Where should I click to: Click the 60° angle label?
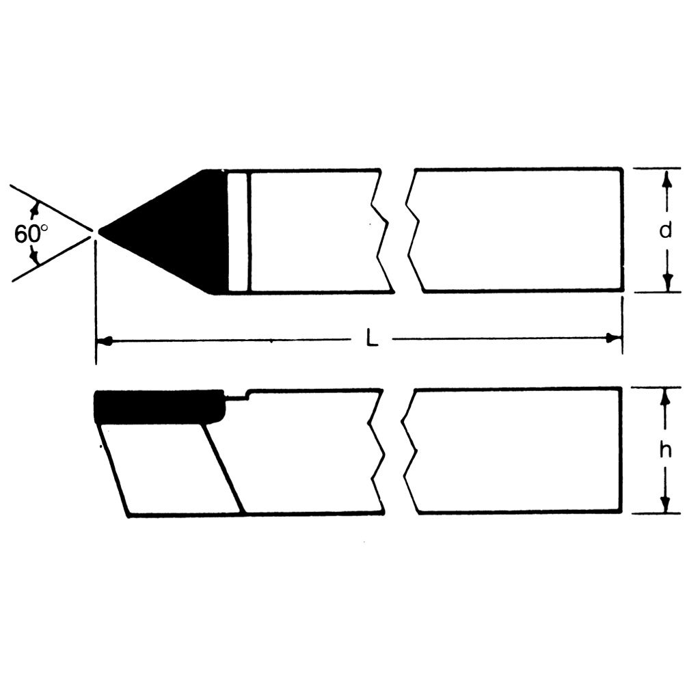click(x=30, y=234)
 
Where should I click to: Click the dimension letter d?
click(x=664, y=231)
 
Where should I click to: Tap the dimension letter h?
click(x=664, y=450)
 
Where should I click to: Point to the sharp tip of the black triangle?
click(x=100, y=232)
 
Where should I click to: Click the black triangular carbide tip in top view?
click(x=178, y=231)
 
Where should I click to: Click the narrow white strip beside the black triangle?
click(x=238, y=232)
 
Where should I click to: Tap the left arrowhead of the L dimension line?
click(x=104, y=340)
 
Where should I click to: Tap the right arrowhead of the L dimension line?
click(x=615, y=338)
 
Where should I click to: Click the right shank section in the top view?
click(x=520, y=231)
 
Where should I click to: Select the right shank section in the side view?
click(x=516, y=450)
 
